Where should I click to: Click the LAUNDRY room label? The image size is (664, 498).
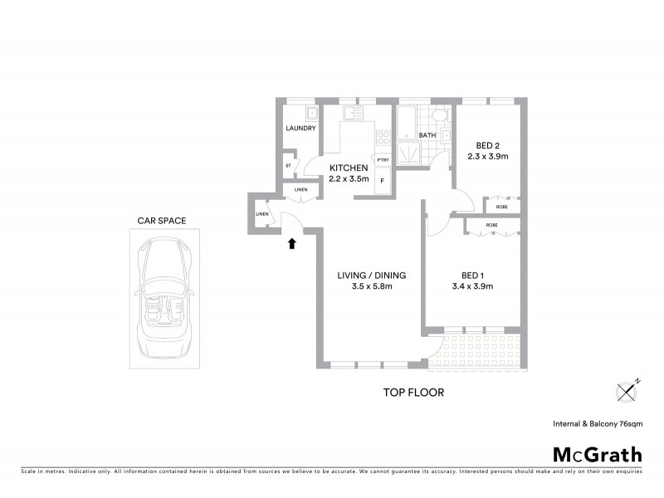tap(300, 129)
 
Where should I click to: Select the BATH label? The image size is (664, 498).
tap(427, 135)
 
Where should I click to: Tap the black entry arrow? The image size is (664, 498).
tap(291, 243)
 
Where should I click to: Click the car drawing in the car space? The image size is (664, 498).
tap(162, 295)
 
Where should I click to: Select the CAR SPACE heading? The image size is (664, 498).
tap(162, 221)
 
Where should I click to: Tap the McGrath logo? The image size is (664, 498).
tap(597, 454)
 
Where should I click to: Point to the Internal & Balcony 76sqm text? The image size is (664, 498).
tap(598, 424)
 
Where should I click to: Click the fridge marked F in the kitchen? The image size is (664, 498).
tap(383, 179)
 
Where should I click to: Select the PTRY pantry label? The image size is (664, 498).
tap(383, 160)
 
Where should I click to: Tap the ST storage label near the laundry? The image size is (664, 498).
tap(288, 165)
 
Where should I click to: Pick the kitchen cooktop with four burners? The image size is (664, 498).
tap(383, 138)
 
